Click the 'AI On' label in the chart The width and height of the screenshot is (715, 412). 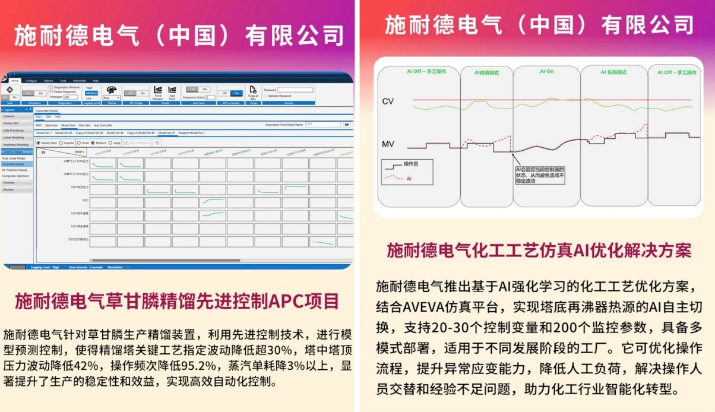546,71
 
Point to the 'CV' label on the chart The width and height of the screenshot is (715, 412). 388,102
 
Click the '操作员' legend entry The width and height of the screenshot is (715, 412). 412,163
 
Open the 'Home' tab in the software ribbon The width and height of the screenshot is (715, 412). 15,80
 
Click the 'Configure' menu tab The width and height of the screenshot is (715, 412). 31,80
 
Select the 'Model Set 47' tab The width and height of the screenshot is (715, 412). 166,133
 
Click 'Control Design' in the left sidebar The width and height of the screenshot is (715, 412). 12,151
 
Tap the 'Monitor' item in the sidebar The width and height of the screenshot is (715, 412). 9,189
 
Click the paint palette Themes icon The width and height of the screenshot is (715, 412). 111,90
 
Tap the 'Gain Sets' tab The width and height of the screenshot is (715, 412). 84,125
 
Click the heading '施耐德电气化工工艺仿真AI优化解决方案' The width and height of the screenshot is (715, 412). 539,251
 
